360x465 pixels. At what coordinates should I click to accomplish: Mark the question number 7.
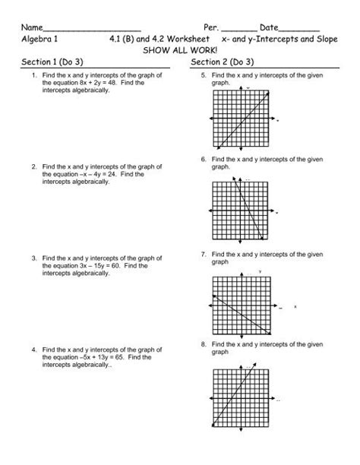[204, 254]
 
